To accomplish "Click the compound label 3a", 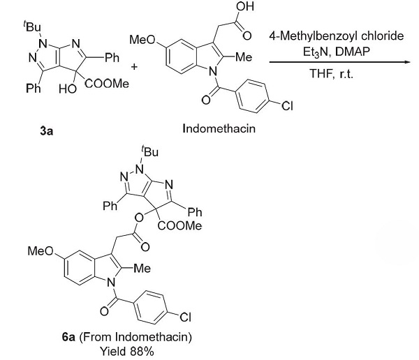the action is click(47, 131).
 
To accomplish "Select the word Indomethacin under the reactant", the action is click(219, 129).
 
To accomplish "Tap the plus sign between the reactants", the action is click(134, 66).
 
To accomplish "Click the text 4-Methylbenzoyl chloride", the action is click(337, 36).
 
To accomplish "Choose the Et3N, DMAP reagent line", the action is click(336, 52).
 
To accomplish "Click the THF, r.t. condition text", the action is click(331, 73).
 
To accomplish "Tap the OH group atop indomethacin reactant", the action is click(245, 6).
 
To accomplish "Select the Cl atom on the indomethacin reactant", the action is click(287, 106).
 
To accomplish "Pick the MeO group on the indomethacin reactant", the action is click(142, 40).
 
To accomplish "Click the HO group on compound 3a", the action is click(68, 89).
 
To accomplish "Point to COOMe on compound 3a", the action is click(107, 84).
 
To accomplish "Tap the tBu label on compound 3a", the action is click(32, 27).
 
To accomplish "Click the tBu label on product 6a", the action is click(150, 151).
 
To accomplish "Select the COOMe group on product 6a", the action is click(179, 226).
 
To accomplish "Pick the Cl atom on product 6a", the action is click(186, 317).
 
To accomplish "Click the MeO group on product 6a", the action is click(41, 251).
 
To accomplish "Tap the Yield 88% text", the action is click(127, 351).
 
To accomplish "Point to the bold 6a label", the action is click(68, 337).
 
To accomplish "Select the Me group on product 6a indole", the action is click(142, 268).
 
